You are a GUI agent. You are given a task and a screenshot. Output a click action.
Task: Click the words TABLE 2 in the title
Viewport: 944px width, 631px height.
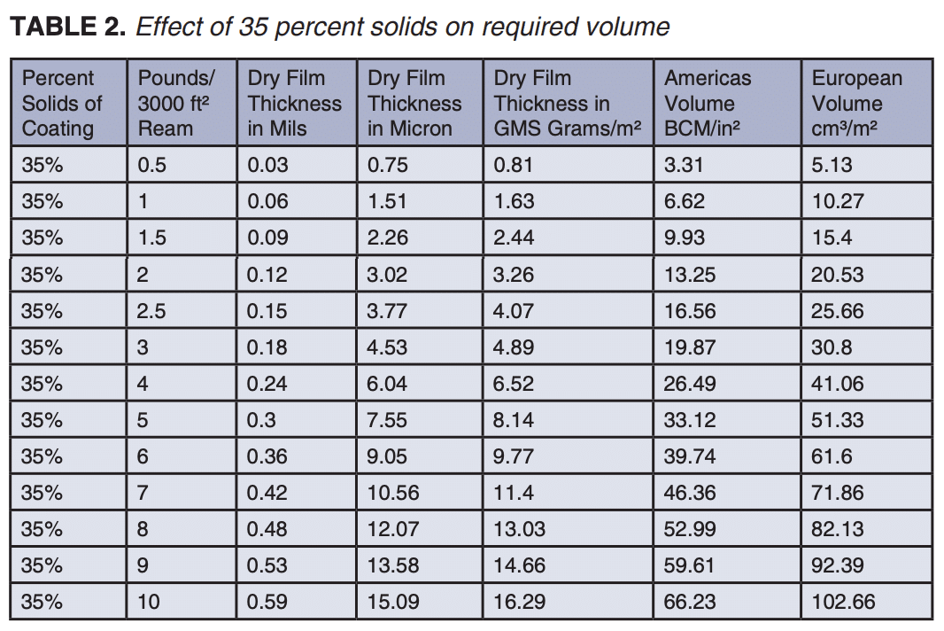pyautogui.click(x=67, y=27)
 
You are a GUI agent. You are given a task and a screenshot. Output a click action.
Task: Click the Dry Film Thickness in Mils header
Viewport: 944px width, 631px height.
pyautogui.click(x=294, y=103)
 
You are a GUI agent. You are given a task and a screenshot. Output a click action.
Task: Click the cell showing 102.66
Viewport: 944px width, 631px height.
pyautogui.click(x=843, y=603)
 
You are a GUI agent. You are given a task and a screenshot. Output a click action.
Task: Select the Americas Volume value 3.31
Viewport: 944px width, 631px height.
pyautogui.click(x=683, y=165)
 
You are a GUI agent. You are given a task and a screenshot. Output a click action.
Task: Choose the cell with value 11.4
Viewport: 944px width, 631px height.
pyautogui.click(x=513, y=493)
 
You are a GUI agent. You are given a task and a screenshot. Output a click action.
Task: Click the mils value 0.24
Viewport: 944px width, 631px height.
pyautogui.click(x=267, y=384)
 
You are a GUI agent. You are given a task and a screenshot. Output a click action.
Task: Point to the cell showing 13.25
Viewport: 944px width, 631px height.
pyautogui.click(x=689, y=275)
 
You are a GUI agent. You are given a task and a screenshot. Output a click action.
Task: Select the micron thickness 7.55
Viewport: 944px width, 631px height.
pyautogui.click(x=387, y=420)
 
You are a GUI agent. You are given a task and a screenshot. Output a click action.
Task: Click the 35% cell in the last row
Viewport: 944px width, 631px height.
pyautogui.click(x=43, y=603)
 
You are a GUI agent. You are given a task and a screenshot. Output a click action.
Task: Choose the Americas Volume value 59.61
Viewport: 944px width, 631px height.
pyautogui.click(x=689, y=565)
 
